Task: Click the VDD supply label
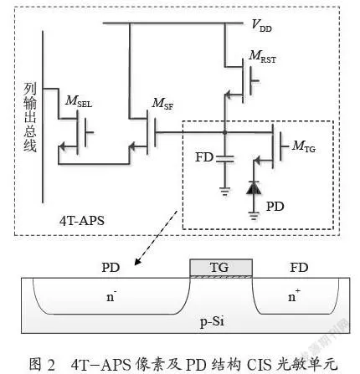tap(261, 26)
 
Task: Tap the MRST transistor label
tap(263, 57)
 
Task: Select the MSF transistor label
tap(162, 104)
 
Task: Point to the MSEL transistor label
tap(79, 101)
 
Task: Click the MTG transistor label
tap(304, 146)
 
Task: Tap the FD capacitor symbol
tap(225, 159)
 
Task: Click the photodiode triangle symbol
tap(254, 187)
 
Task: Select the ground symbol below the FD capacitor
tap(225, 192)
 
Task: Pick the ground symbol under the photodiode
tap(254, 216)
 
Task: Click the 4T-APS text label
tap(82, 221)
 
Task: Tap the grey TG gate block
tap(221, 268)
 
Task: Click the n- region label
tap(111, 297)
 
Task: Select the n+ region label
tap(294, 295)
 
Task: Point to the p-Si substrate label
tap(212, 322)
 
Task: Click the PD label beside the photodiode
tap(275, 207)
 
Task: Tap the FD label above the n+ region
tap(299, 268)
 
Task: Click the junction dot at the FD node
tap(224, 132)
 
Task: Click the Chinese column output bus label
tap(30, 117)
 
